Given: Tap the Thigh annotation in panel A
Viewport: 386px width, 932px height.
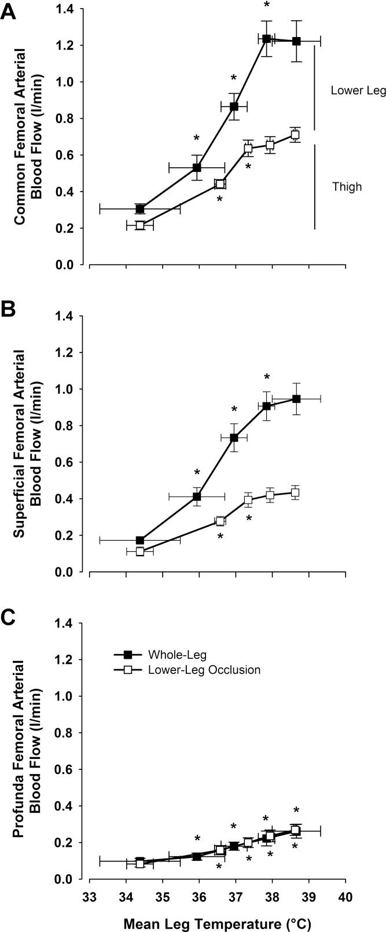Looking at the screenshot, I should click(x=347, y=186).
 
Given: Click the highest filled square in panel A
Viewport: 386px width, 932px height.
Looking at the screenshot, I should click(x=266, y=39).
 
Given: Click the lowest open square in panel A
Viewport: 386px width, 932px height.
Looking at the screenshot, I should click(x=140, y=225).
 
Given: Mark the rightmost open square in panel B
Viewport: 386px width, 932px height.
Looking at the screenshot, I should click(x=295, y=493).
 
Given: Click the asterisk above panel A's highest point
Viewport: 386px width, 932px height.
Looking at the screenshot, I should click(x=267, y=5).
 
